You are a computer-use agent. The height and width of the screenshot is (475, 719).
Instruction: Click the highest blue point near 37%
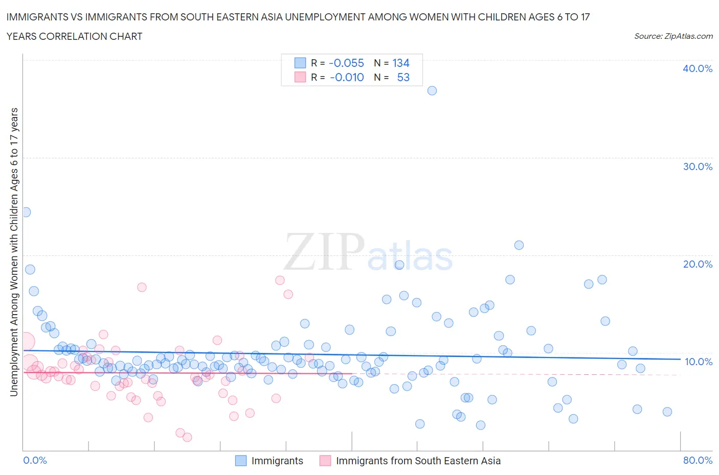point(432,90)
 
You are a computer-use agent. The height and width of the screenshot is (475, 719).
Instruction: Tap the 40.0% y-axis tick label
point(698,68)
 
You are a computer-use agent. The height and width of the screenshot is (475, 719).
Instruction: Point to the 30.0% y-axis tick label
point(698,167)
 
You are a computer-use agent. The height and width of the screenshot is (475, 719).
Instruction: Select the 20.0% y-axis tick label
point(698,264)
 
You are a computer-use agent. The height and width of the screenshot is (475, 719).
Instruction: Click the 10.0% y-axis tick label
point(698,362)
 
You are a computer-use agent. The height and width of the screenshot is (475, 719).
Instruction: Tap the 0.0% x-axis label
point(35,460)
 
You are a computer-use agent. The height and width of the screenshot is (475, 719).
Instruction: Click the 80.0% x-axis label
point(698,460)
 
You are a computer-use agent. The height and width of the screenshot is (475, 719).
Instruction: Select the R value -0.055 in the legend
point(346,63)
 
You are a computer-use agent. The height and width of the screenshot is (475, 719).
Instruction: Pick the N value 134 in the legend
point(401,63)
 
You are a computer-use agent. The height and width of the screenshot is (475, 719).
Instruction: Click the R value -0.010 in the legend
point(347,77)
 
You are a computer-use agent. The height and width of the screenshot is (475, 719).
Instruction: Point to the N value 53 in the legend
point(403,77)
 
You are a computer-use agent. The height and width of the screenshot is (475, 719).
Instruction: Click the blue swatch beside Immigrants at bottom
point(241,461)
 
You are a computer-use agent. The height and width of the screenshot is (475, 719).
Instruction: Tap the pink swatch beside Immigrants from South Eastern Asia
point(325,461)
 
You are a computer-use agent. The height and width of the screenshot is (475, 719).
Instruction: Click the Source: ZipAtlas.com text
point(673,36)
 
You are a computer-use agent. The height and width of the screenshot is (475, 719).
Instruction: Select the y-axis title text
point(14,252)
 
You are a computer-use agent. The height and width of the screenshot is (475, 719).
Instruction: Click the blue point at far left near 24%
point(26,212)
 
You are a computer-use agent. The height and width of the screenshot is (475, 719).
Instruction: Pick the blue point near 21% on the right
point(519,245)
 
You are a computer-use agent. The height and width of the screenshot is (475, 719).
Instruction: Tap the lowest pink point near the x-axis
point(187,437)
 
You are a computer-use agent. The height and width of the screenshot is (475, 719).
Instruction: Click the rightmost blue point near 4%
point(667,412)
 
